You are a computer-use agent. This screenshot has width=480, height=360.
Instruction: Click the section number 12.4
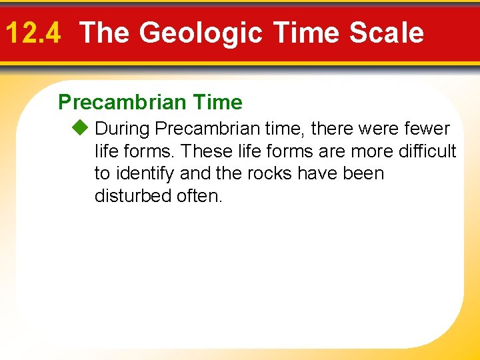[x=33, y=33]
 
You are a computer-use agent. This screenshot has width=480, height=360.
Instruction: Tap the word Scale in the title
[x=388, y=33]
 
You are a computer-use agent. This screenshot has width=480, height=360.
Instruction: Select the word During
[x=122, y=128]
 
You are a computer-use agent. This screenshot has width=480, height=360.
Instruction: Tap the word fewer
[x=427, y=128]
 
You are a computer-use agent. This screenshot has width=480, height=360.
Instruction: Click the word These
[x=203, y=151]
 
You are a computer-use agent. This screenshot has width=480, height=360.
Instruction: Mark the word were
[x=377, y=128]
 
